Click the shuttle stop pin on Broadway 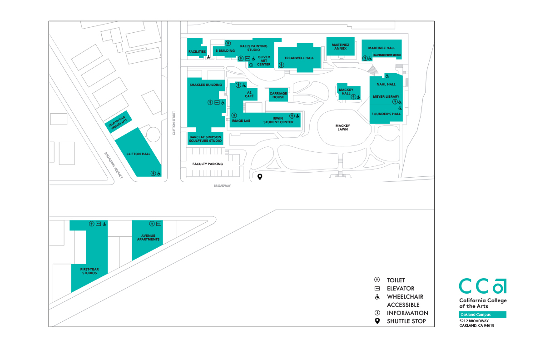pyautogui.click(x=260, y=177)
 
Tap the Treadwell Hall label pyautogui.click(x=299, y=58)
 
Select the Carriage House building pyautogui.click(x=278, y=95)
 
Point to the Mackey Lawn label pyautogui.click(x=342, y=127)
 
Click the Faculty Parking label pyautogui.click(x=208, y=164)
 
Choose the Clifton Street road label pyautogui.click(x=173, y=123)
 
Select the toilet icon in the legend pyautogui.click(x=377, y=280)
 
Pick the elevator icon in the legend pyautogui.click(x=377, y=288)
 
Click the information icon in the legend pyautogui.click(x=377, y=313)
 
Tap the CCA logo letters pyautogui.click(x=482, y=286)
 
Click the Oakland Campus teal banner pyautogui.click(x=482, y=315)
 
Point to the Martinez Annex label pyautogui.click(x=340, y=47)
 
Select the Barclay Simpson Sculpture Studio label pyautogui.click(x=206, y=139)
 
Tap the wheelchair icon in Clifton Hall pyautogui.click(x=159, y=173)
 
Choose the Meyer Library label pyautogui.click(x=386, y=97)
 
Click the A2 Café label pyautogui.click(x=249, y=94)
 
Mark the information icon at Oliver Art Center pyautogui.click(x=251, y=65)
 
